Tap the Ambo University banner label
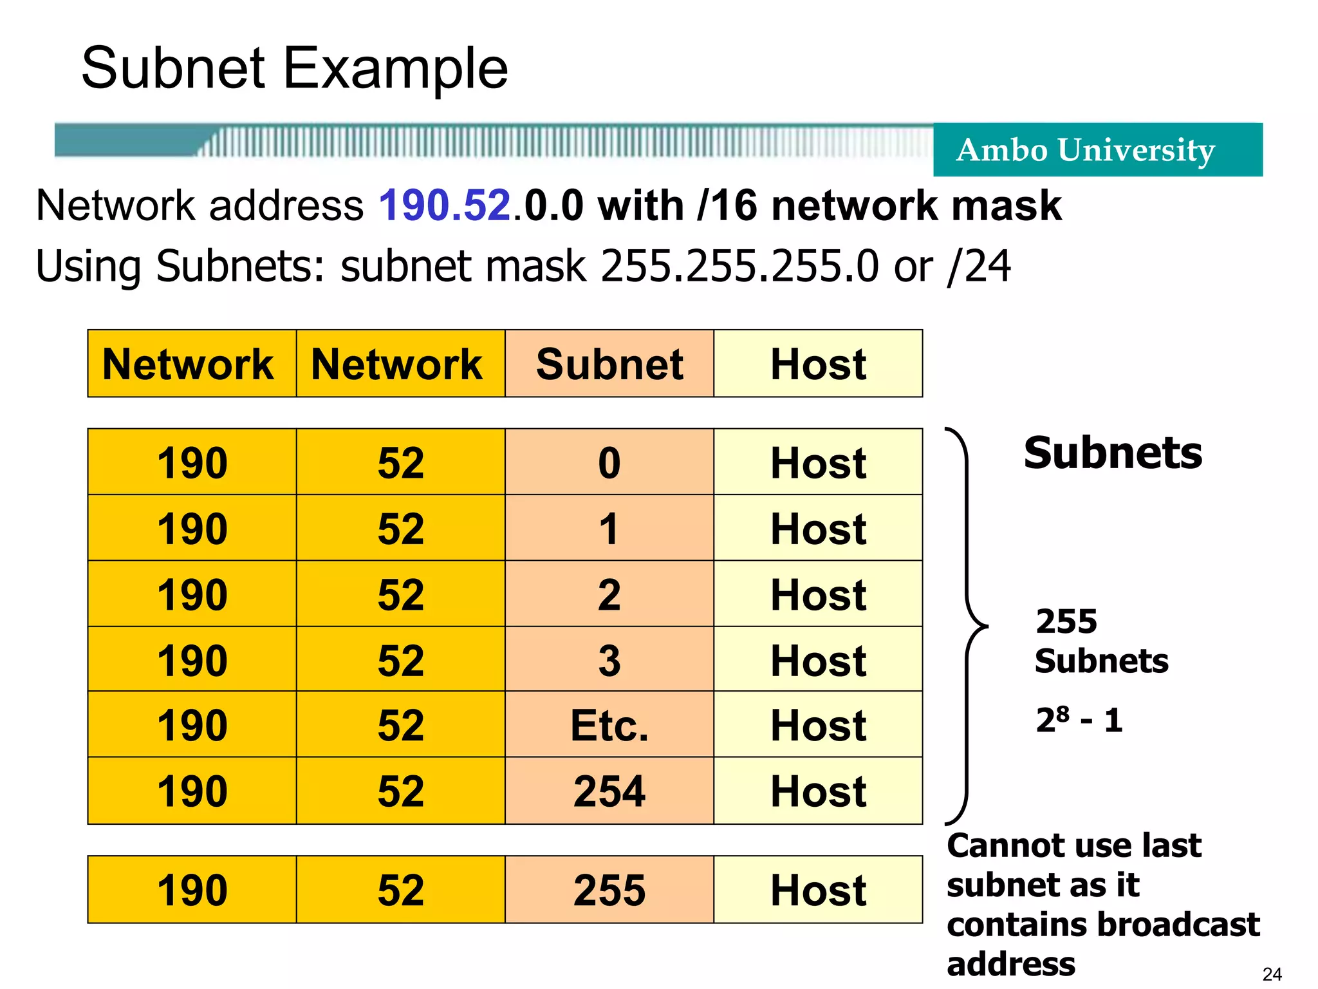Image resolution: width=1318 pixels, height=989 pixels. pyautogui.click(x=1085, y=150)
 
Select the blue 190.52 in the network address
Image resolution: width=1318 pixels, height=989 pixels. pyautogui.click(x=445, y=206)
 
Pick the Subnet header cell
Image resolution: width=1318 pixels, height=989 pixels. pyautogui.click(x=609, y=364)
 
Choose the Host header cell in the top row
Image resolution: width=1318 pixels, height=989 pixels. pyautogui.click(x=818, y=364)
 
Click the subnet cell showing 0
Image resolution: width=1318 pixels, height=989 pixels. pyautogui.click(x=609, y=463)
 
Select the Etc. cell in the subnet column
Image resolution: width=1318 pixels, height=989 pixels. pyautogui.click(x=609, y=726)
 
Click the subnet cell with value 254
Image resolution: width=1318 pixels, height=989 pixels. pyautogui.click(x=609, y=791)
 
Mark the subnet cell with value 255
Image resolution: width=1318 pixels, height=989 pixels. pyautogui.click(x=609, y=890)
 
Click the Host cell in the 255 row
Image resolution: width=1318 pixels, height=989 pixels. pyautogui.click(x=818, y=890)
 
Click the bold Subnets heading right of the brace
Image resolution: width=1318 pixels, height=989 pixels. pyautogui.click(x=1113, y=453)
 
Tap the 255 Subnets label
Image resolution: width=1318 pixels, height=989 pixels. pyautogui.click(x=1100, y=641)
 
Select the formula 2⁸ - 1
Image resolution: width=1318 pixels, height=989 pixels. pyautogui.click(x=1079, y=720)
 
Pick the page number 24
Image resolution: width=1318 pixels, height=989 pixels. pyautogui.click(x=1272, y=974)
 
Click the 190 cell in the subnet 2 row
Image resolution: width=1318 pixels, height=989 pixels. pyautogui.click(x=192, y=594)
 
